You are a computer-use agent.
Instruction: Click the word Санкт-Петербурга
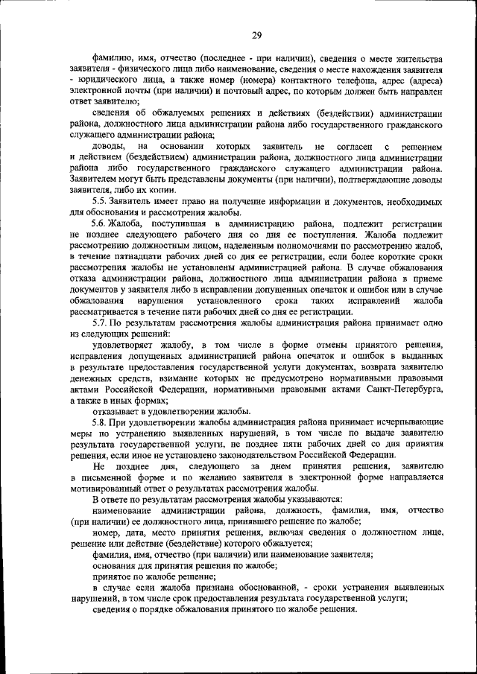[401, 389]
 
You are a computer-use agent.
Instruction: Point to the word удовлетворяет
[124, 345]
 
